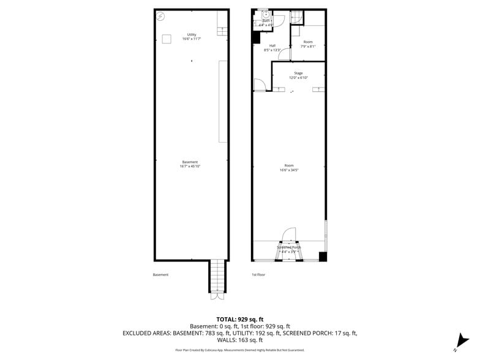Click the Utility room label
tap(192, 37)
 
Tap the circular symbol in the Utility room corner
tap(160, 15)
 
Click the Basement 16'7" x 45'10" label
tap(190, 164)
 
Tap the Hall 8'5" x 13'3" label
tap(272, 48)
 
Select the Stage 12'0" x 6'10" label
tap(298, 75)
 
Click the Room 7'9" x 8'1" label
tap(307, 44)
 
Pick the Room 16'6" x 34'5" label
tap(289, 168)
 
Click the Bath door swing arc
tap(279, 20)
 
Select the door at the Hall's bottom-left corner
tap(258, 85)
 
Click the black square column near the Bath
tap(256, 37)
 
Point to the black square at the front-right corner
tap(323, 257)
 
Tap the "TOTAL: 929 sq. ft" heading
tap(240, 320)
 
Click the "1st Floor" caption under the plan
tap(258, 275)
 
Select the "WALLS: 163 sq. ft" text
tap(240, 340)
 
